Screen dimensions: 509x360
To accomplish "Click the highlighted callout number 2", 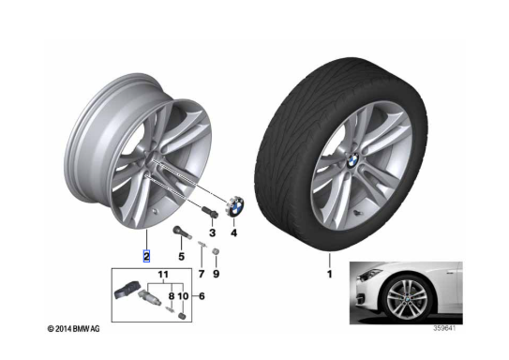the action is point(146,257).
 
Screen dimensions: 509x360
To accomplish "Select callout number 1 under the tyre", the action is point(330,275).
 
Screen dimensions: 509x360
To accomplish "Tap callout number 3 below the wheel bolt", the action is point(212,232).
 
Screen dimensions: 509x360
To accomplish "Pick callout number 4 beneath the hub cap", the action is point(233,232).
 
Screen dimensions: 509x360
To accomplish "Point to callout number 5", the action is point(182,257).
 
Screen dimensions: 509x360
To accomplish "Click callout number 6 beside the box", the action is point(202,296).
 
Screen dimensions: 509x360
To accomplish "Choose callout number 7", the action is point(202,275).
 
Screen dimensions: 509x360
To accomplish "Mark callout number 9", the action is point(216,275).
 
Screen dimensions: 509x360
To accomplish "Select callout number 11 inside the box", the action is point(163,275).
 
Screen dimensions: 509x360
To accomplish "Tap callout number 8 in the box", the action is point(172,296).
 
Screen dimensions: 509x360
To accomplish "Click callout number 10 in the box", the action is point(184,296).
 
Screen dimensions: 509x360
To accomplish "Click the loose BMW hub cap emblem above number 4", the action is point(235,207).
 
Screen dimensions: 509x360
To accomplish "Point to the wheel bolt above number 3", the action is point(209,211).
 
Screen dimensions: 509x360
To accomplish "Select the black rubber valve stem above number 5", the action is point(181,232).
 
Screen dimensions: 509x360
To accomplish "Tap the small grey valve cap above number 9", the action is point(215,251).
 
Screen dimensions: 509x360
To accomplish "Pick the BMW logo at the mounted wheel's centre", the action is point(352,160).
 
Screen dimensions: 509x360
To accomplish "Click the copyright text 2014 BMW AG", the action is point(74,329).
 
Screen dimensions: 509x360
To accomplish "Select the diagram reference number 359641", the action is point(444,328).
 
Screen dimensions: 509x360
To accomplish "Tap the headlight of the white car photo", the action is point(369,275).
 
